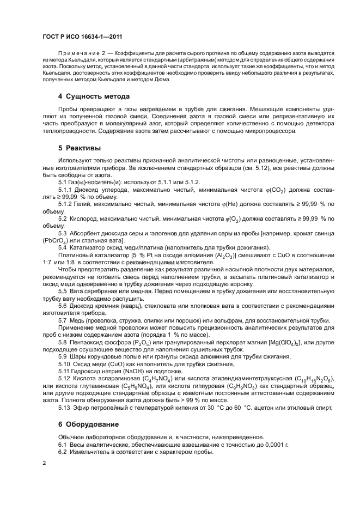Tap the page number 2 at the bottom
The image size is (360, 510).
(44, 463)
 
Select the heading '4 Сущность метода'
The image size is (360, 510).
(94, 96)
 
